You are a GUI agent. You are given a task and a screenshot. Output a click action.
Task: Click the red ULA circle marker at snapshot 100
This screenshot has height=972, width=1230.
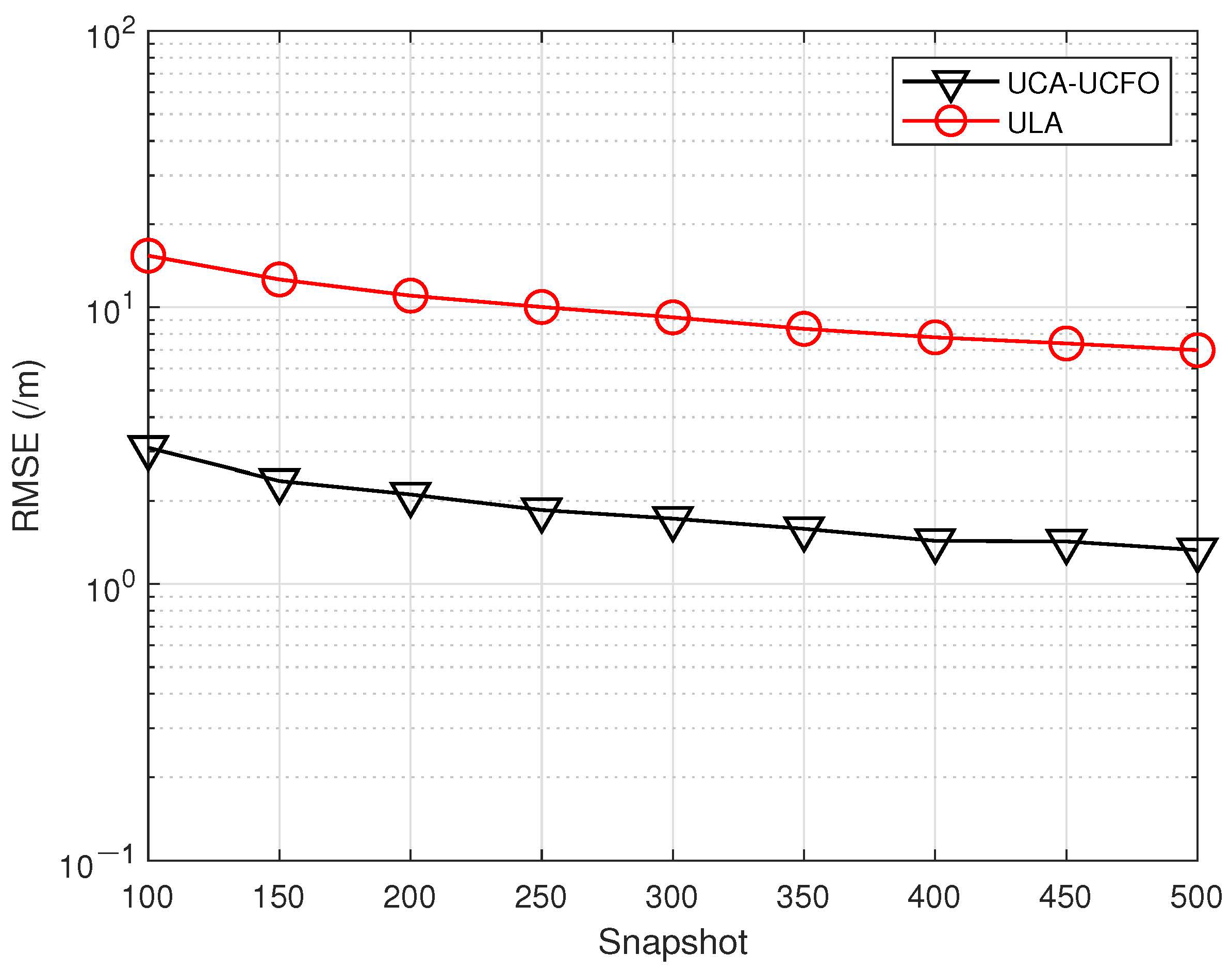(x=148, y=256)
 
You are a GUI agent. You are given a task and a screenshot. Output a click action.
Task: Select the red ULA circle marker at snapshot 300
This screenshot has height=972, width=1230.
(x=673, y=317)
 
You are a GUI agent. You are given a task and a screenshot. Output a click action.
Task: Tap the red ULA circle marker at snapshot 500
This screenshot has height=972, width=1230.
(x=1197, y=350)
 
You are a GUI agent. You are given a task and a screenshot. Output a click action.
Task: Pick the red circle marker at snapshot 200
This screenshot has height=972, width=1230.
(x=410, y=295)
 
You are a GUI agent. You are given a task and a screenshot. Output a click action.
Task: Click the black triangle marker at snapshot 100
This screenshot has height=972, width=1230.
(x=148, y=449)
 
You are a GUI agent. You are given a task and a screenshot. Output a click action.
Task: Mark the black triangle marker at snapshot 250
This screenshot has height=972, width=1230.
(x=542, y=512)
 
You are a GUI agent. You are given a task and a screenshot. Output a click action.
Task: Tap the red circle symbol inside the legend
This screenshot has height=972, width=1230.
(x=950, y=121)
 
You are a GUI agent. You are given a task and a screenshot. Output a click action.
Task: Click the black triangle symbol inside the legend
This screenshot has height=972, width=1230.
(x=950, y=83)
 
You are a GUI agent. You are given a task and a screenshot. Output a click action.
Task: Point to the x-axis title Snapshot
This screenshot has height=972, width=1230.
(x=673, y=942)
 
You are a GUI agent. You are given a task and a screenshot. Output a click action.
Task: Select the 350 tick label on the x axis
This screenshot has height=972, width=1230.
(x=803, y=897)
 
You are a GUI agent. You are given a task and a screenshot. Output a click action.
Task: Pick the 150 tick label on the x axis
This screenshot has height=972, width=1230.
(x=278, y=897)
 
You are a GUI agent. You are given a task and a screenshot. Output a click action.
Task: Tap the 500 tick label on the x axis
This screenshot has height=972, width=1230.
(x=1196, y=897)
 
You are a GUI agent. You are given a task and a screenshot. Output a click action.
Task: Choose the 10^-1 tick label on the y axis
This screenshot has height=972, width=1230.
(x=97, y=864)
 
